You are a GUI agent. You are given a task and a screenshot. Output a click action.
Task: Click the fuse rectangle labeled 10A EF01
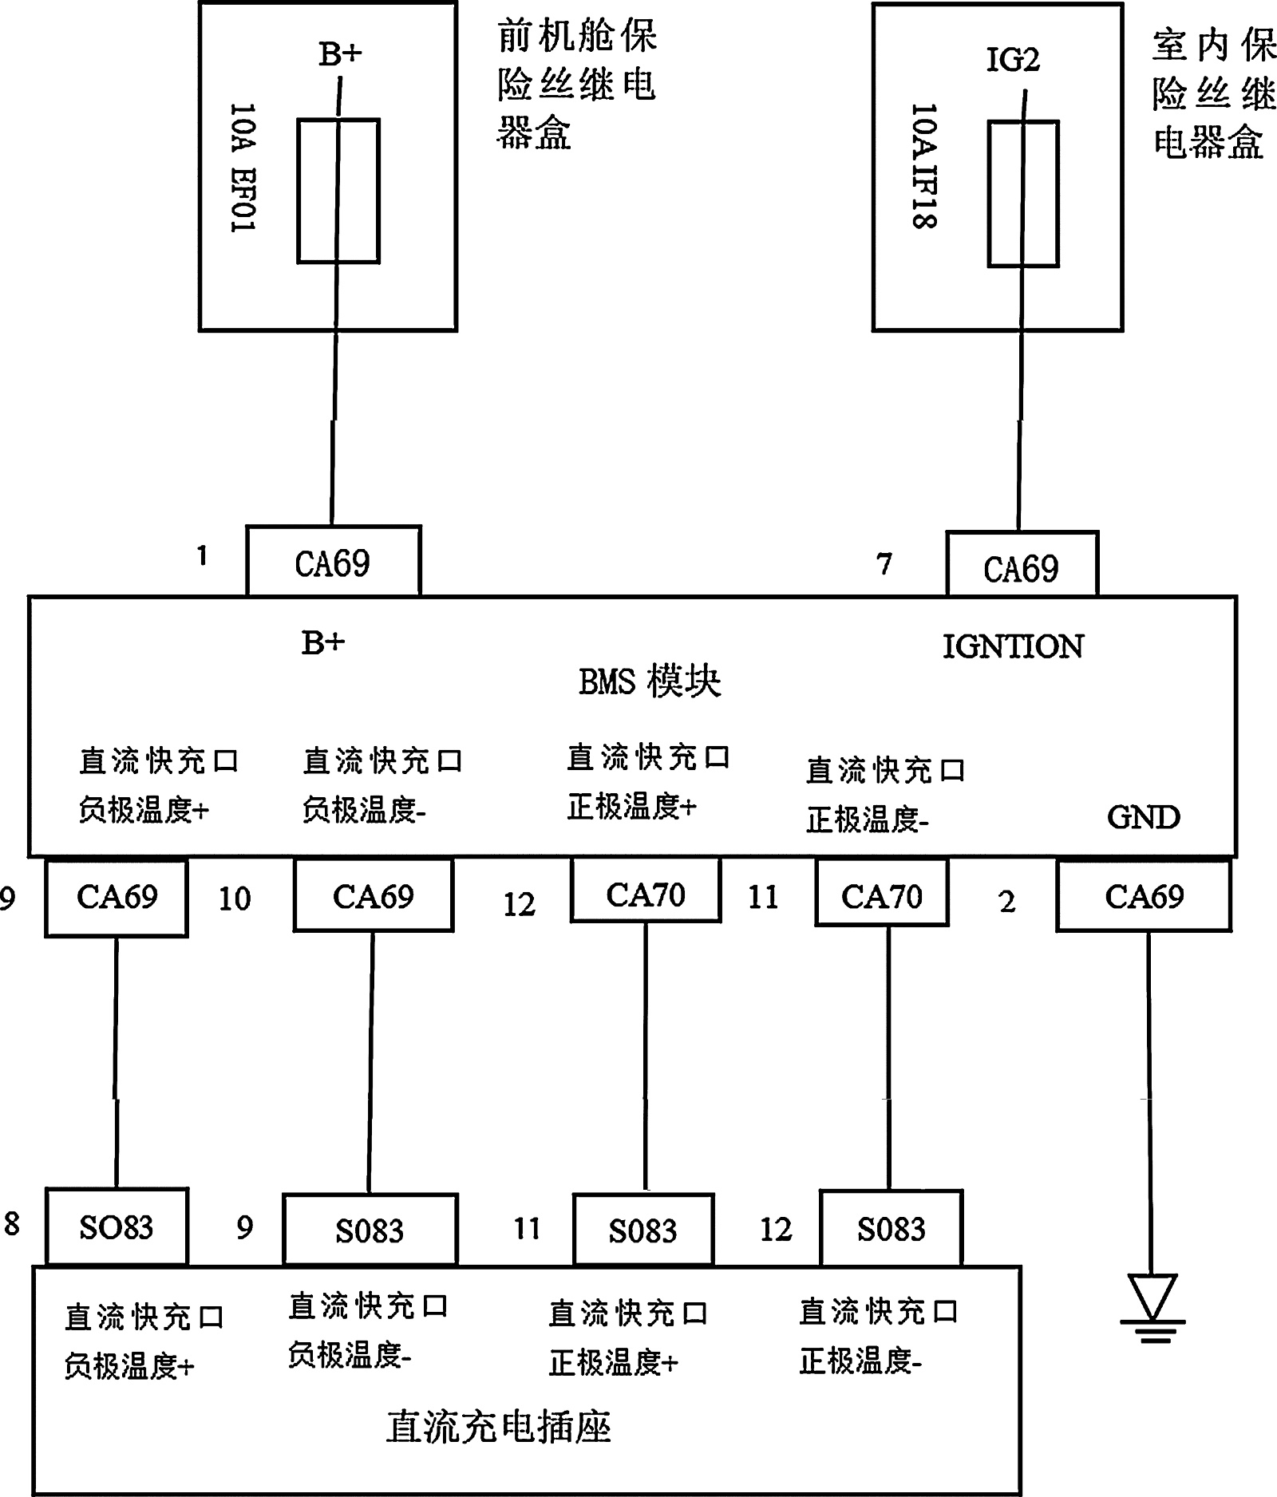tap(338, 191)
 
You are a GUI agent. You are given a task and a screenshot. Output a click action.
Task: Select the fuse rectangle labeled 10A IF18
tap(1023, 193)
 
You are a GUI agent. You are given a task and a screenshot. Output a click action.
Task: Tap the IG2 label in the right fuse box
tap(1013, 61)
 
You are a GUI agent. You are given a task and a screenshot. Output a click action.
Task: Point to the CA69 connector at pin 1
tap(333, 563)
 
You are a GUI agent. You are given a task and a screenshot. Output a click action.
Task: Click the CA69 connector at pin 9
tap(117, 897)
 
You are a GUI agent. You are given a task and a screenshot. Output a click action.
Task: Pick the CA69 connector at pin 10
tap(374, 896)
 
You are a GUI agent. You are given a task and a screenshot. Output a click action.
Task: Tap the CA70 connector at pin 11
tap(882, 895)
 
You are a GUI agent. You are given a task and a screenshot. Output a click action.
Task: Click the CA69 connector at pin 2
tap(1144, 896)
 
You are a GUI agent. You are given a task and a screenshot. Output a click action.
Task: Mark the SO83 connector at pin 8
tap(117, 1227)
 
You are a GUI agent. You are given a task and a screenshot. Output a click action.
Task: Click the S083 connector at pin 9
tap(370, 1230)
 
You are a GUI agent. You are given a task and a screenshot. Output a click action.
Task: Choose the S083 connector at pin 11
tap(643, 1230)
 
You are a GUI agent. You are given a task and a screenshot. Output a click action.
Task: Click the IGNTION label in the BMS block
tap(1013, 646)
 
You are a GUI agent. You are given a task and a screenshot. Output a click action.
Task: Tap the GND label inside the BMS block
tap(1143, 817)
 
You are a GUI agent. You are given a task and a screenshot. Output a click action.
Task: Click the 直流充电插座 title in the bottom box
tap(499, 1427)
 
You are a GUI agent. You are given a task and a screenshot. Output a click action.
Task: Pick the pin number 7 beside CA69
tap(884, 564)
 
